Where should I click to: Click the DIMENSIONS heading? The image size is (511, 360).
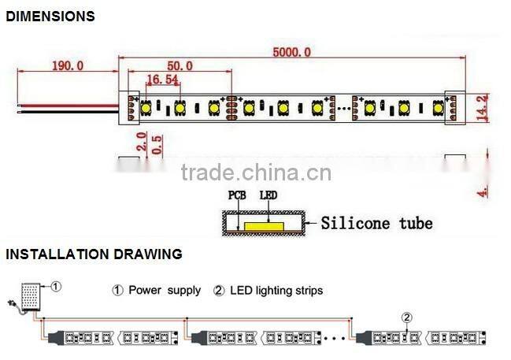[x=50, y=16]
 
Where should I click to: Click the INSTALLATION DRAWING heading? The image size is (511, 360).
[x=94, y=254]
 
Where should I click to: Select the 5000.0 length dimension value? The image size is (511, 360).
[x=291, y=52]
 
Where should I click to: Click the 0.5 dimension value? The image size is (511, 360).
[x=157, y=144]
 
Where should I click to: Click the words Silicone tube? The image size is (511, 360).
[x=376, y=223]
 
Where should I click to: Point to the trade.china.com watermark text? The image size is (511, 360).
[x=256, y=173]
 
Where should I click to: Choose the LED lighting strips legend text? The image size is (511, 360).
[x=276, y=291]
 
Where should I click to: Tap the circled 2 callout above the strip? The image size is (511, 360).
[x=407, y=318]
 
